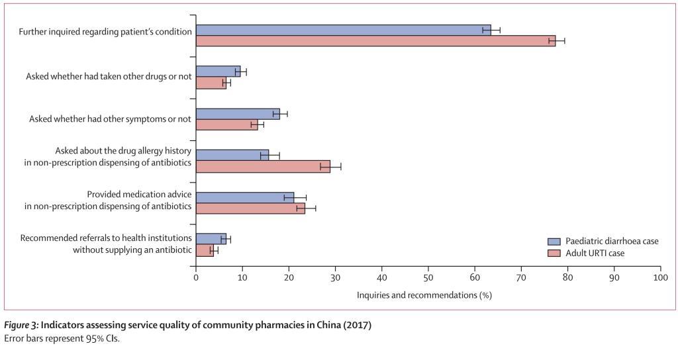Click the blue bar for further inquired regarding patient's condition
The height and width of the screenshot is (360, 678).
[x=343, y=30]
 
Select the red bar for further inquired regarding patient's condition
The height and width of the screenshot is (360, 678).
[x=375, y=41]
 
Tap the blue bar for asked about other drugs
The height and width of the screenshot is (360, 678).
[x=218, y=71]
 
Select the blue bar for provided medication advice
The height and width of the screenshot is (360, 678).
[x=245, y=197]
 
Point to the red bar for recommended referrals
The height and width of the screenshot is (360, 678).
[x=205, y=250]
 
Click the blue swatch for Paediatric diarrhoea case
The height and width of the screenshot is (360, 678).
[x=554, y=242]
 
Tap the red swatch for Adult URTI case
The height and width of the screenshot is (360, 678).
[x=554, y=253]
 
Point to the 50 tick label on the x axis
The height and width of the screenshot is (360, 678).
[x=428, y=278]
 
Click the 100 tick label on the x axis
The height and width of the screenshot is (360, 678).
[x=660, y=278]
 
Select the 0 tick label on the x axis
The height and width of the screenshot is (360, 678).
[x=196, y=278]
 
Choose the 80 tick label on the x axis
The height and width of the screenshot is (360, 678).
[x=567, y=278]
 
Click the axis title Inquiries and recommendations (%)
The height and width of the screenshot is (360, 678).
[x=424, y=294]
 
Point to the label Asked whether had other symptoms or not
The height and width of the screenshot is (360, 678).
[x=110, y=119]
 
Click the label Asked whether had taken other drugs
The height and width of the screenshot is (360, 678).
[x=109, y=77]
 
